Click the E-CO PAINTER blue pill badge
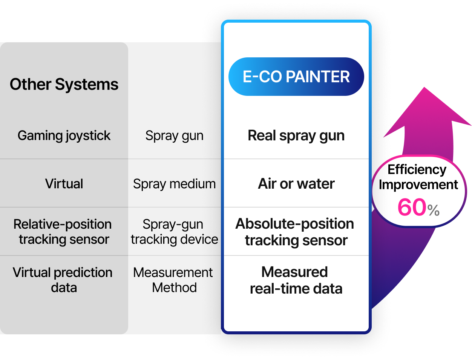pos(296,77)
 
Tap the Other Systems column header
pos(64,84)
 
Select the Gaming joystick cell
pos(64,135)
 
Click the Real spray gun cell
pos(296,135)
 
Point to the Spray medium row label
pos(174,184)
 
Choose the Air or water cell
pos(296,184)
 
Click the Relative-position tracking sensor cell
pos(63,232)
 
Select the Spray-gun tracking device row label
pos(174,232)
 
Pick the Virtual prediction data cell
pos(63,280)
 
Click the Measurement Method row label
pos(173,280)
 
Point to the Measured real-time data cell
pos(296,280)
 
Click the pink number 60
pos(412,208)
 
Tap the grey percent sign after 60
pos(434,210)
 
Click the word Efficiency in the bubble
pos(417,169)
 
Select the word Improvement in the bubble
pos(418,185)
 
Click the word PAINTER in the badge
pos(317,77)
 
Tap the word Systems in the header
pos(87,84)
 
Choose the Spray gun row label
pos(174,135)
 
